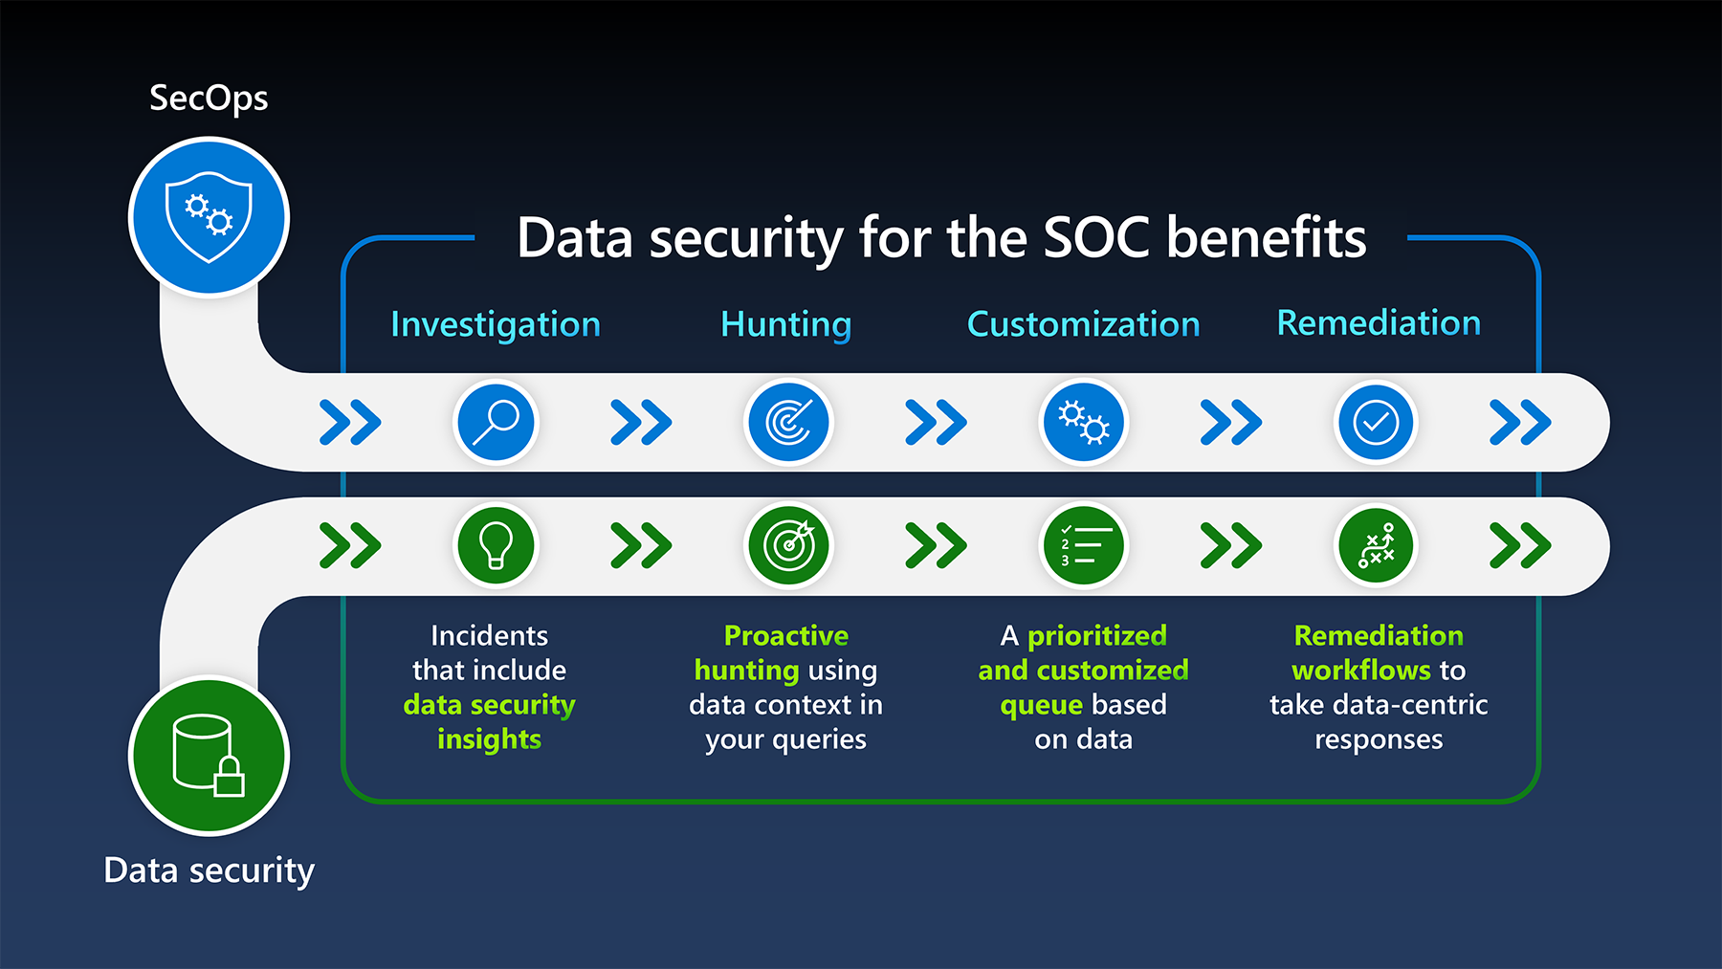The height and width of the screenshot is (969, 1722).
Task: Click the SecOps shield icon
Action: pyautogui.click(x=209, y=217)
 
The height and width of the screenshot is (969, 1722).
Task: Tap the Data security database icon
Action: pyautogui.click(x=209, y=756)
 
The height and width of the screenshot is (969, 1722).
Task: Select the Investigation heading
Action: pyautogui.click(x=496, y=324)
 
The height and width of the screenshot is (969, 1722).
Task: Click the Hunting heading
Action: pyautogui.click(x=785, y=324)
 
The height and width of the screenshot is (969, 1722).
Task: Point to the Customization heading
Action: pyautogui.click(x=1083, y=324)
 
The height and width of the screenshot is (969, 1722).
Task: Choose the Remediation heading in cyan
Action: pyautogui.click(x=1379, y=323)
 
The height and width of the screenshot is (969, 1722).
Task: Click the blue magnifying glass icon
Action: pyautogui.click(x=496, y=422)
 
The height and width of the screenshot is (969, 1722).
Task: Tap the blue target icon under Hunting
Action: pyautogui.click(x=788, y=422)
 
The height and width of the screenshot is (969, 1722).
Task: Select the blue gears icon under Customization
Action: pyautogui.click(x=1083, y=422)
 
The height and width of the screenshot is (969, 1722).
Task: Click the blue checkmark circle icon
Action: pyautogui.click(x=1376, y=422)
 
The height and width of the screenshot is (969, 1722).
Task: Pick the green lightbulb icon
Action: pyautogui.click(x=496, y=545)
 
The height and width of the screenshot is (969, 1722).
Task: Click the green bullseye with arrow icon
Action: pyautogui.click(x=788, y=545)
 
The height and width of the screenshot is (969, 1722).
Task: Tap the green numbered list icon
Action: pyautogui.click(x=1083, y=545)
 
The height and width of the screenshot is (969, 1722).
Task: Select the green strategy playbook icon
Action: pyautogui.click(x=1376, y=545)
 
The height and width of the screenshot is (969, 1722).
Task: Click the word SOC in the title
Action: pyautogui.click(x=1095, y=237)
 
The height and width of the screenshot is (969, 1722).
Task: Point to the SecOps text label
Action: pyautogui.click(x=209, y=98)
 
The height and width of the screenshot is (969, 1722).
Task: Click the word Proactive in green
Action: pyautogui.click(x=785, y=635)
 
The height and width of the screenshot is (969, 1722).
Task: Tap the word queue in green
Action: pyautogui.click(x=1041, y=705)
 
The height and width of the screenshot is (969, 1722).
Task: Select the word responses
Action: pyautogui.click(x=1378, y=739)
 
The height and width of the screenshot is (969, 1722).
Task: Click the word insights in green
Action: pyautogui.click(x=489, y=739)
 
